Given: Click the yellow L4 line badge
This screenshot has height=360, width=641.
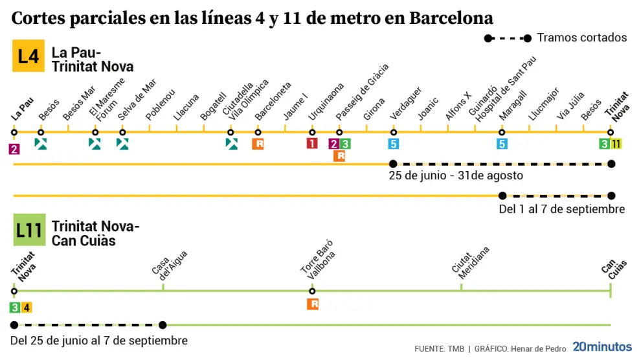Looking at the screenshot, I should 28,56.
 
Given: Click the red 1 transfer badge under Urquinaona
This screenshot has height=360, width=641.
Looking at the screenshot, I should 312,144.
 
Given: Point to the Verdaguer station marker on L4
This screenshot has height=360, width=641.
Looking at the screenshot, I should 393,132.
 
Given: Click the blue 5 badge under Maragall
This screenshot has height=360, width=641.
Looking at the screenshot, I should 502,144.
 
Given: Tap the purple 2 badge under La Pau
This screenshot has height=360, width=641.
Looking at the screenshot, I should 14,149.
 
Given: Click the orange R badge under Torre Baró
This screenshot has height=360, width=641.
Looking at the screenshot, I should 313,304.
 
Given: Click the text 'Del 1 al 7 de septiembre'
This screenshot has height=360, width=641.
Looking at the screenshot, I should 561,209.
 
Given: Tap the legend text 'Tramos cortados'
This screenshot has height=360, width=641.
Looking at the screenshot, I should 581,38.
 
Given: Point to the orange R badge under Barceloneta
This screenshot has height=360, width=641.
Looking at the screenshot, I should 258,144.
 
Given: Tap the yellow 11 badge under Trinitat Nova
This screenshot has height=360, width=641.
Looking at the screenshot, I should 616,144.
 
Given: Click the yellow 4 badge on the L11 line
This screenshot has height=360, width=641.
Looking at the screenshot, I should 26,308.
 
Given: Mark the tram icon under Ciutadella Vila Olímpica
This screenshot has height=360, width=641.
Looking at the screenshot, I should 231,144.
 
